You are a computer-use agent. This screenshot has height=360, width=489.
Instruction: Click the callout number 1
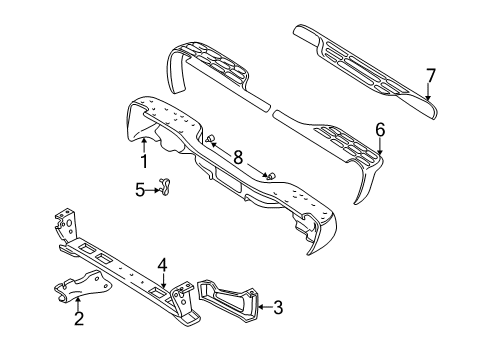tap(144, 159)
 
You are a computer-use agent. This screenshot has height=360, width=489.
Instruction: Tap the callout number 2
tap(77, 319)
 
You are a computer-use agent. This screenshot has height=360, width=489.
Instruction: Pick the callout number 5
tap(141, 187)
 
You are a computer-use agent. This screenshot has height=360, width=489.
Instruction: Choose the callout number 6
tap(379, 128)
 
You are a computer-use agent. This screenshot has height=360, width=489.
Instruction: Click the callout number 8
tap(238, 156)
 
